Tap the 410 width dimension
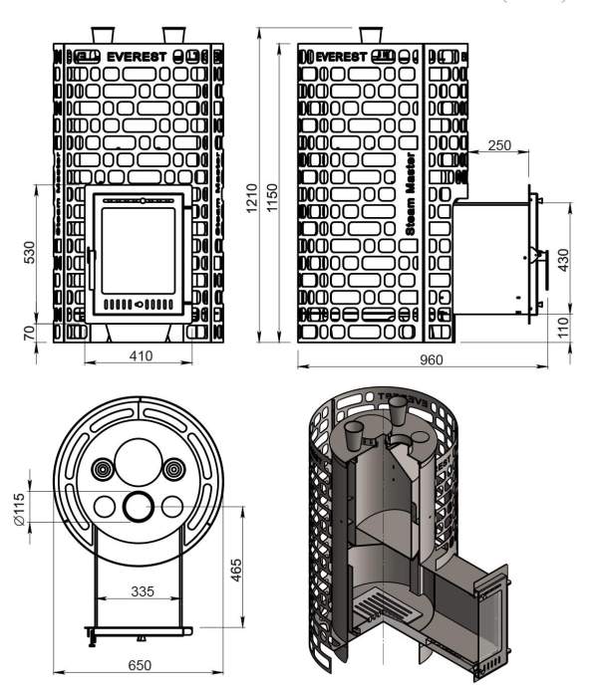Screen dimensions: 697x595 tap(141, 356)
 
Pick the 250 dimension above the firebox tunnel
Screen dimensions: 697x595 tap(499, 144)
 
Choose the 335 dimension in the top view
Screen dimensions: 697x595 tap(142, 591)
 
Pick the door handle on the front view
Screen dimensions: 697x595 tap(90, 269)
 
